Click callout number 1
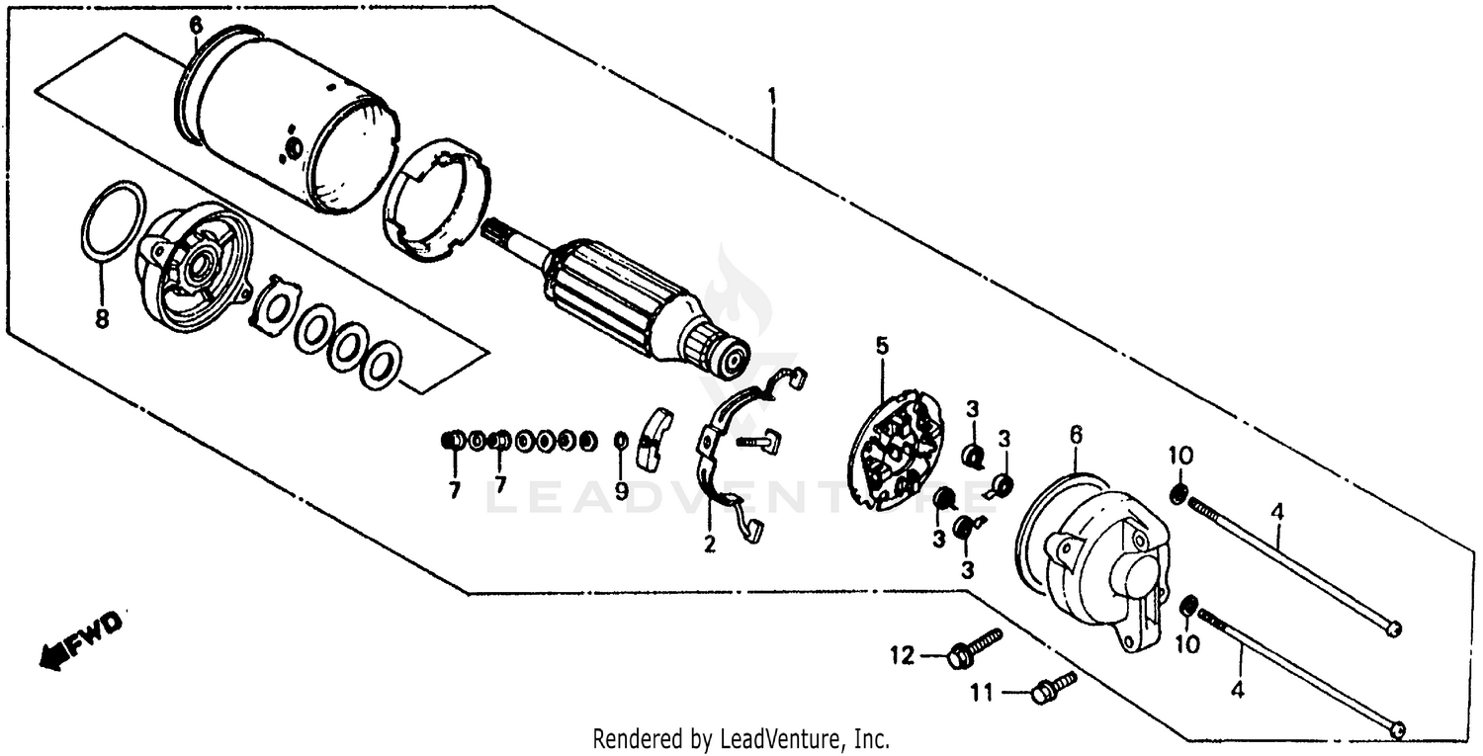(x=772, y=97)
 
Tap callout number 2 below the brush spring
(x=709, y=544)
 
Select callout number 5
(x=881, y=345)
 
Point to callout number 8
(x=101, y=319)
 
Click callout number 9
(x=621, y=489)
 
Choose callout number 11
(x=979, y=695)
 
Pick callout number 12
(x=902, y=654)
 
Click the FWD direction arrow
(x=81, y=639)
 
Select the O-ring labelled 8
(x=111, y=223)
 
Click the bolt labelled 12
(x=974, y=648)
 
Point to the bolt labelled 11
(x=1052, y=686)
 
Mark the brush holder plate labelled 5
(x=896, y=451)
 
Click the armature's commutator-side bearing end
(x=733, y=359)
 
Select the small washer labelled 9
(x=621, y=440)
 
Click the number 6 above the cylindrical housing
(x=196, y=25)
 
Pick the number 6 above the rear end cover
(x=1076, y=436)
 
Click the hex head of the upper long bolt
(x=1393, y=629)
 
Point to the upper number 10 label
(x=1180, y=456)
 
